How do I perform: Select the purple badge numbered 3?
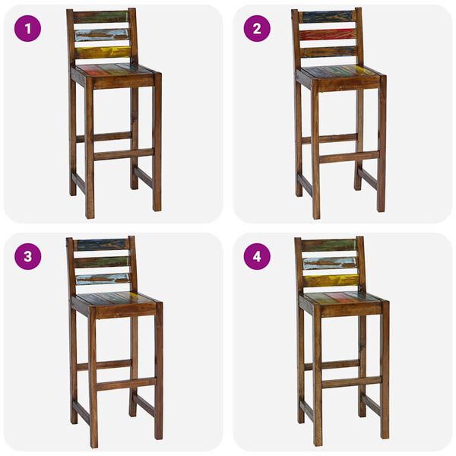28,256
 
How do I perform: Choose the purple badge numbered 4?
257,256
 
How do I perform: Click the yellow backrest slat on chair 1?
103,52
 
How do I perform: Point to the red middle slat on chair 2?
328,34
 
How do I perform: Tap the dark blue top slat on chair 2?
328,17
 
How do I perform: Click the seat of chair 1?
114,70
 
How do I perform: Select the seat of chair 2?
339,71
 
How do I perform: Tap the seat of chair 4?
343,297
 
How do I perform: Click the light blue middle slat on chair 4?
329,263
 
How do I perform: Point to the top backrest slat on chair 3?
102,245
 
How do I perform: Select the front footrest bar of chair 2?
347,157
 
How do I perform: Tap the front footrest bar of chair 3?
125,383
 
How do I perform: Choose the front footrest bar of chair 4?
350,382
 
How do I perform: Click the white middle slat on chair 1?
102,35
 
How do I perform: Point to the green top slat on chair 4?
328,245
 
